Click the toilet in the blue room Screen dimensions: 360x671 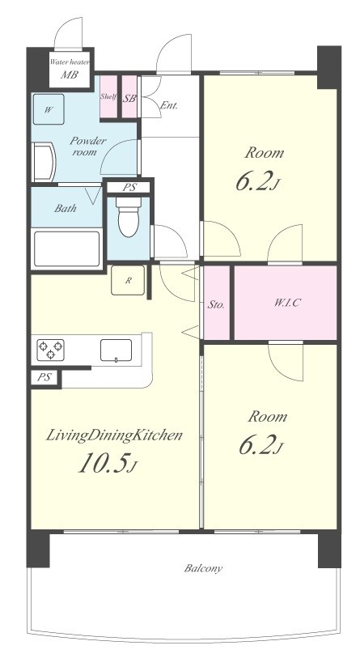click(129, 218)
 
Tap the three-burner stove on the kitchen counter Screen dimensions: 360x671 click(50, 350)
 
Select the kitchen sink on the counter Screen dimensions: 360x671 click(116, 350)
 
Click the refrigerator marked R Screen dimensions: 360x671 click(128, 280)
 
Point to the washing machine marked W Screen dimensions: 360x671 click(49, 109)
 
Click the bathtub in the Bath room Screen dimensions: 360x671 click(66, 249)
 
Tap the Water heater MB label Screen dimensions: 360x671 click(70, 69)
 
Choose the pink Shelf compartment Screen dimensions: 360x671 click(108, 96)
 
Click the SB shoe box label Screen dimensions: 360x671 click(129, 99)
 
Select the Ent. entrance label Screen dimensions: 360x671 click(169, 105)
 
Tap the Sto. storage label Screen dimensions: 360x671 click(216, 305)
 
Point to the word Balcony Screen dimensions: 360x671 click(204, 569)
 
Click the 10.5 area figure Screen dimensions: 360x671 click(108, 463)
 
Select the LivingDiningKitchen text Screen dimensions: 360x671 click(114, 436)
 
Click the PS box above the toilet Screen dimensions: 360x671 click(129, 188)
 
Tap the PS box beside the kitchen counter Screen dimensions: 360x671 click(44, 378)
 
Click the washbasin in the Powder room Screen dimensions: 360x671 click(44, 162)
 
